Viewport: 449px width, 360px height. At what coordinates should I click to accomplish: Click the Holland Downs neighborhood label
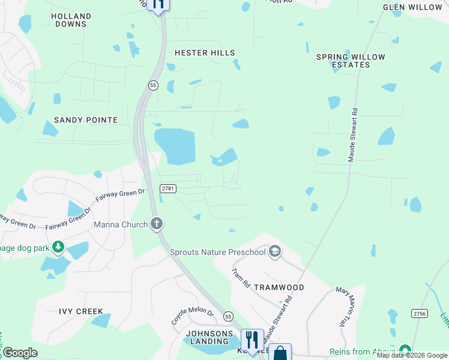[x=71, y=20]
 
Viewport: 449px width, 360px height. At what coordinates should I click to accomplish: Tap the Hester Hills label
[x=205, y=53]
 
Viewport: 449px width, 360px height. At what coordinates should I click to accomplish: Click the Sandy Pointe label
[x=86, y=120]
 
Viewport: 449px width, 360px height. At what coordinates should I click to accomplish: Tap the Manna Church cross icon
[x=157, y=224]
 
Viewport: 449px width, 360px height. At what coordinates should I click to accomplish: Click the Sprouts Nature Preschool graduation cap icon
[x=275, y=251]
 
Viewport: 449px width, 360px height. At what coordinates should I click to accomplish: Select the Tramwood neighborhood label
[x=279, y=287]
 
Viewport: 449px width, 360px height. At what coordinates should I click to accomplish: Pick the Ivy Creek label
[x=81, y=311]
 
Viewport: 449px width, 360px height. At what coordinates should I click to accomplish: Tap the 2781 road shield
[x=168, y=188]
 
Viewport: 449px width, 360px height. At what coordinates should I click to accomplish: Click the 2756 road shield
[x=420, y=313]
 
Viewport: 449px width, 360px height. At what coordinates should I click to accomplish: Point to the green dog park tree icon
[x=58, y=247]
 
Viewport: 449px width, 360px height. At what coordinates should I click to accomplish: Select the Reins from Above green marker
[x=405, y=350]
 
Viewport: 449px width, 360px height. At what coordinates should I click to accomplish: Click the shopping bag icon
[x=280, y=353]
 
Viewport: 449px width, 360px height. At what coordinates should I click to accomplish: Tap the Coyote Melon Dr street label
[x=193, y=316]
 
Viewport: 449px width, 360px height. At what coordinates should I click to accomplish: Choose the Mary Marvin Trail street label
[x=342, y=306]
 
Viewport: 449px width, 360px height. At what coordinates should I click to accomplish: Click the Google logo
[x=20, y=353]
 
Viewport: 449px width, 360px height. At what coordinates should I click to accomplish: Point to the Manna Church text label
[x=121, y=225]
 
